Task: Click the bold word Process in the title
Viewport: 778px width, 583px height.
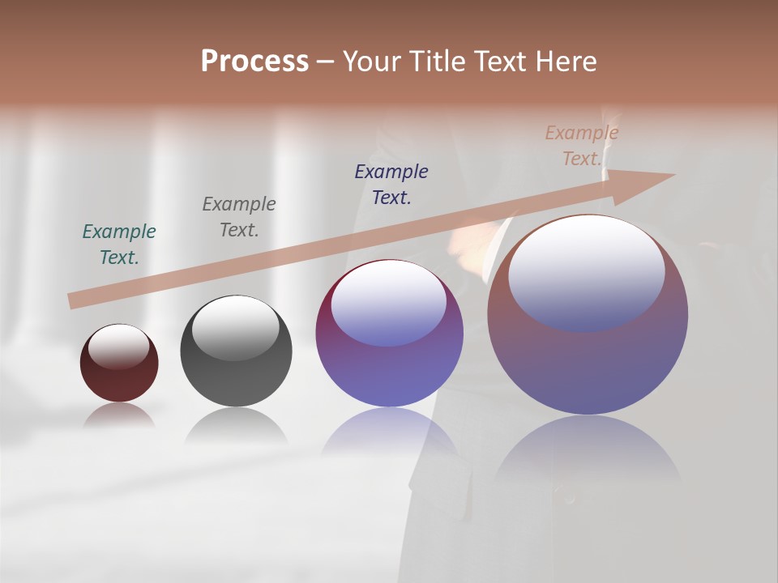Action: tap(254, 62)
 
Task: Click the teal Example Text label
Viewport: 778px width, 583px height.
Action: tap(119, 244)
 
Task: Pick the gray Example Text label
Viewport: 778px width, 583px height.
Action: tap(238, 217)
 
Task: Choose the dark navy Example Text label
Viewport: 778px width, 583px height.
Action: tap(391, 184)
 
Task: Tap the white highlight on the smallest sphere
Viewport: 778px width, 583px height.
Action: tap(118, 345)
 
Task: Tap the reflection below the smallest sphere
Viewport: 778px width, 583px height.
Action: tap(119, 415)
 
